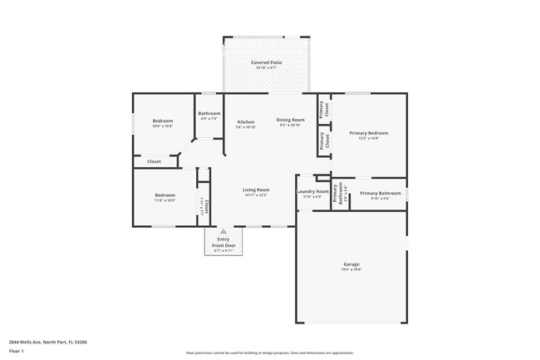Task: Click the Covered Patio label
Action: coord(266,62)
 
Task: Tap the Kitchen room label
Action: coord(246,121)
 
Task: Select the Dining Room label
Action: coord(291,120)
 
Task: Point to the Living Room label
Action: coord(256,190)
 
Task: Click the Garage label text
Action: coord(352,264)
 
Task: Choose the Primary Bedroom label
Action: coord(369,133)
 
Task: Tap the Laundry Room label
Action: coord(313,192)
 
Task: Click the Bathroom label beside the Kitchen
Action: coord(209,113)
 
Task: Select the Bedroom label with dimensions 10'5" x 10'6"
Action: coord(163,121)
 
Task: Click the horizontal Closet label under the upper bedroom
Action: coord(155,161)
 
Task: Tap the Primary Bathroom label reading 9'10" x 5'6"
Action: coord(380,193)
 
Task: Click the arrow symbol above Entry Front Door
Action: coord(223,232)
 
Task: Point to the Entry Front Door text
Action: coord(223,242)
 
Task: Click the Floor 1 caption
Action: coord(17,351)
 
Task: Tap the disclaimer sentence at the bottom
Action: coord(269,353)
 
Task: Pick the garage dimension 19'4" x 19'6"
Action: coord(352,270)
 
